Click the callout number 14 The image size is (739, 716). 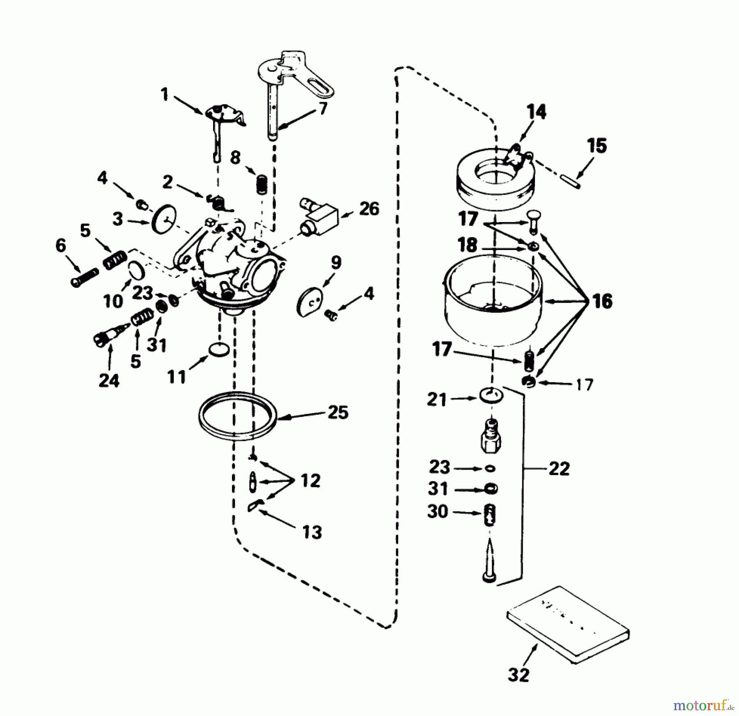[x=537, y=112]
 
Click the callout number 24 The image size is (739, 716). [x=109, y=381]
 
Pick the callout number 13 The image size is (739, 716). [x=312, y=532]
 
